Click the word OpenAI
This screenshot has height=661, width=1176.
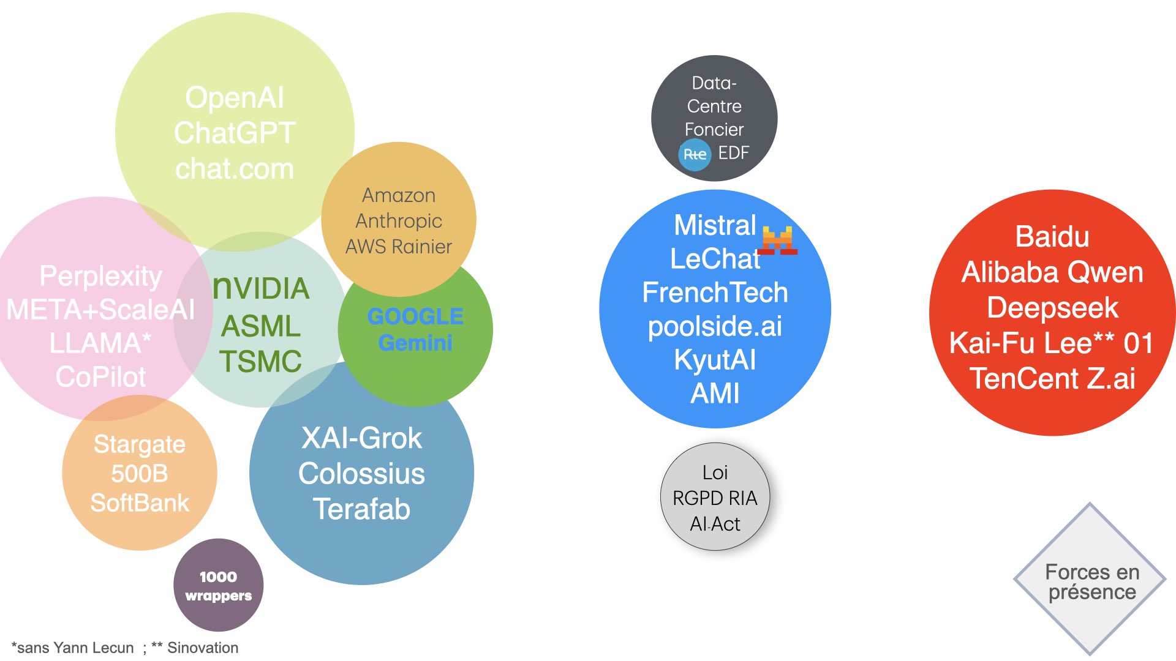pyautogui.click(x=235, y=98)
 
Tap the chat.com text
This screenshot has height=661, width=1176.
pyautogui.click(x=235, y=169)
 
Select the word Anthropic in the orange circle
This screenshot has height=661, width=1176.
pyautogui.click(x=399, y=221)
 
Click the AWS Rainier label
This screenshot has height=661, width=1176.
pyautogui.click(x=399, y=247)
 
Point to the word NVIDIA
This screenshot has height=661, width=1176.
pyautogui.click(x=261, y=288)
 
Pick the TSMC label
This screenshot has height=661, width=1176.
pyautogui.click(x=261, y=361)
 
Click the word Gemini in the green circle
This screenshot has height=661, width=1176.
pyautogui.click(x=415, y=343)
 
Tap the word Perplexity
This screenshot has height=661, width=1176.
pyautogui.click(x=101, y=276)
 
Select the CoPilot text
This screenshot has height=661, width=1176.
pyautogui.click(x=101, y=377)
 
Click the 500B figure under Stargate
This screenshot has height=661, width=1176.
pyautogui.click(x=140, y=474)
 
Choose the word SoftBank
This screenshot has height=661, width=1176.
pyautogui.click(x=140, y=503)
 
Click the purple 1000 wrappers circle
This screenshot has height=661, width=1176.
pyautogui.click(x=219, y=585)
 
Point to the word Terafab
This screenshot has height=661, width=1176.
pyautogui.click(x=361, y=509)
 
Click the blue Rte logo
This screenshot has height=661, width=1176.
pyautogui.click(x=695, y=155)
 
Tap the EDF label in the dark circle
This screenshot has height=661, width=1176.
pyautogui.click(x=734, y=153)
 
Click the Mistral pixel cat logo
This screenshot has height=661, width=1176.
pyautogui.click(x=778, y=240)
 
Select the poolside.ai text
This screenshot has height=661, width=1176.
pyautogui.click(x=715, y=326)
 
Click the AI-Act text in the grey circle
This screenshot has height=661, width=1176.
pyautogui.click(x=715, y=525)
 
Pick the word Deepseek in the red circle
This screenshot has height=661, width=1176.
pyautogui.click(x=1052, y=308)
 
